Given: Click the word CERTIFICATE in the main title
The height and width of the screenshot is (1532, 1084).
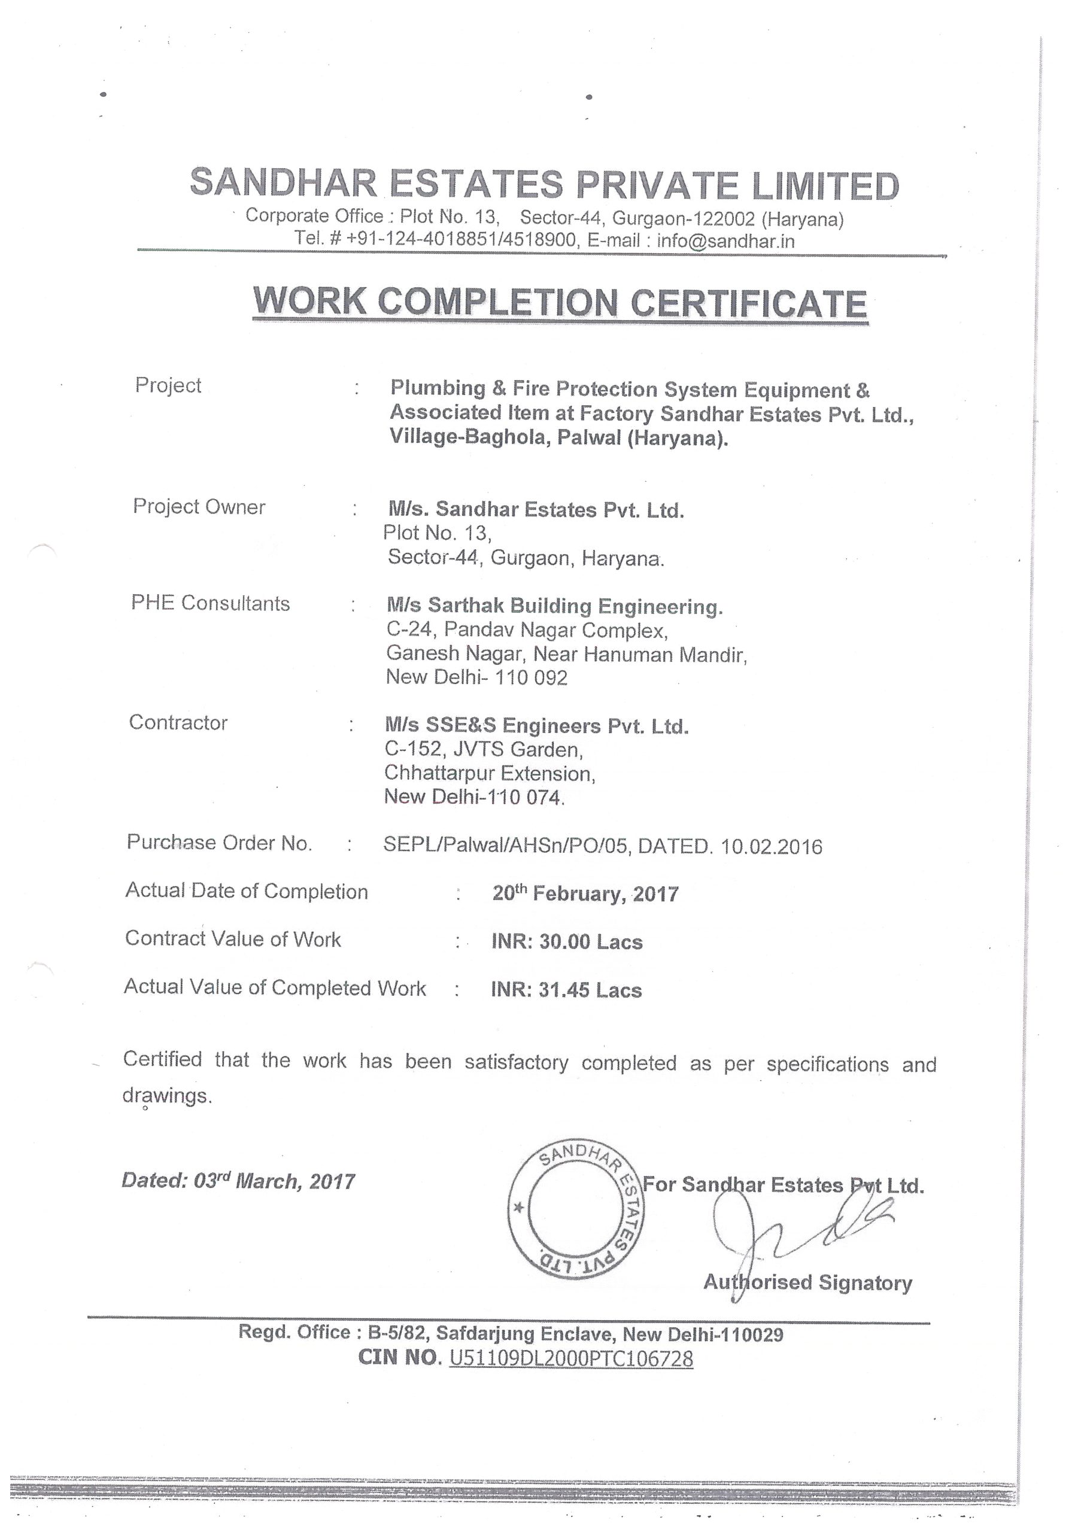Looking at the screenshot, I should point(748,303).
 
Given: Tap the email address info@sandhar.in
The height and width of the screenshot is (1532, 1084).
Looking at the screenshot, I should point(725,241).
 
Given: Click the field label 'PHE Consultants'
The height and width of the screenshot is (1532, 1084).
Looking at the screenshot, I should point(210,603).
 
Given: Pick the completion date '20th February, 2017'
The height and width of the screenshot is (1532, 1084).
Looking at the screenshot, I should point(585,893).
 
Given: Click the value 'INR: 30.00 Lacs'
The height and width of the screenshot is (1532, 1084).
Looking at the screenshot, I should point(567,941).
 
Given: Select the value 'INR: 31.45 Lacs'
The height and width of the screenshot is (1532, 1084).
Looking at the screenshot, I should point(566,990).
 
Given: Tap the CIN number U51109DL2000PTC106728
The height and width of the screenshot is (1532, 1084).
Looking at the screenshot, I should point(572,1358).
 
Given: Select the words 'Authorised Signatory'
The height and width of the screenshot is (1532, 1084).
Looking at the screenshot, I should point(807,1282).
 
